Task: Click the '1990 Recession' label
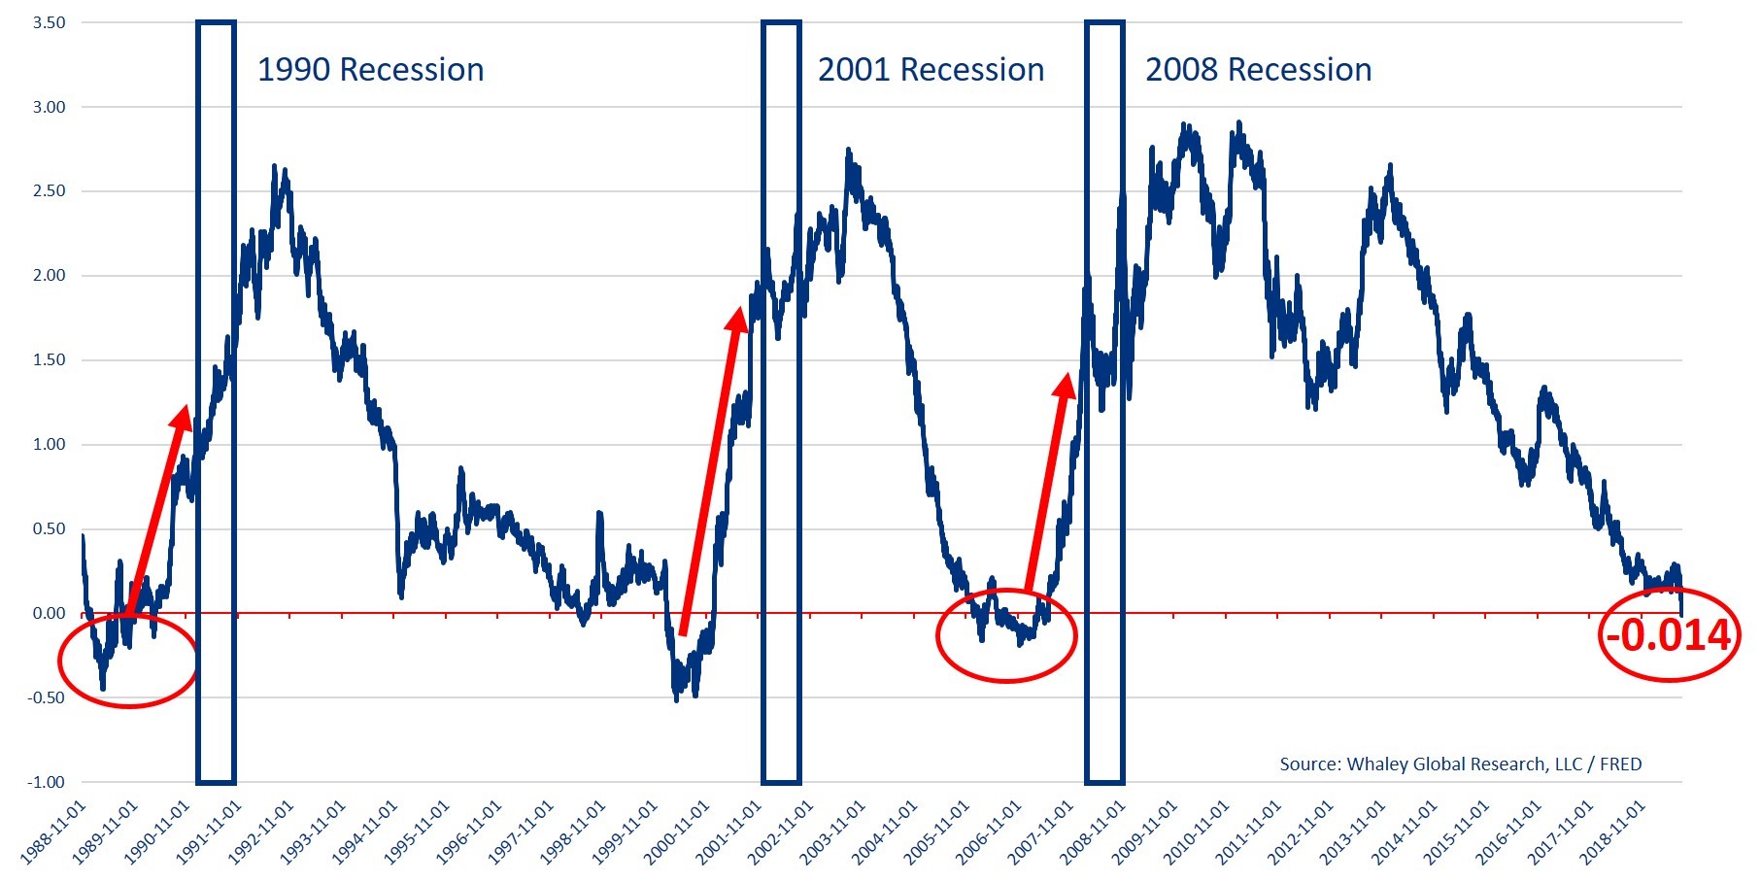[x=370, y=70]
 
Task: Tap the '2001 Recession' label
[x=931, y=70]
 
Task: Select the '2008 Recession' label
[x=1258, y=70]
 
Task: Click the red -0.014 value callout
[x=1668, y=635]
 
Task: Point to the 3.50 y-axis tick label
[x=49, y=22]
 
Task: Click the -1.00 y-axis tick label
[x=47, y=782]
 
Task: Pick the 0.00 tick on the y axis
[x=49, y=613]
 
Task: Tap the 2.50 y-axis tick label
[x=49, y=191]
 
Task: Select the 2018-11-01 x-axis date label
[x=1613, y=833]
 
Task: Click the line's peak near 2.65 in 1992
[x=275, y=166]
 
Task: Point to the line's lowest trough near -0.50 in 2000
[x=677, y=699]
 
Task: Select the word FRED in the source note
[x=1620, y=764]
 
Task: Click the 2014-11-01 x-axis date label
[x=1405, y=833]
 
